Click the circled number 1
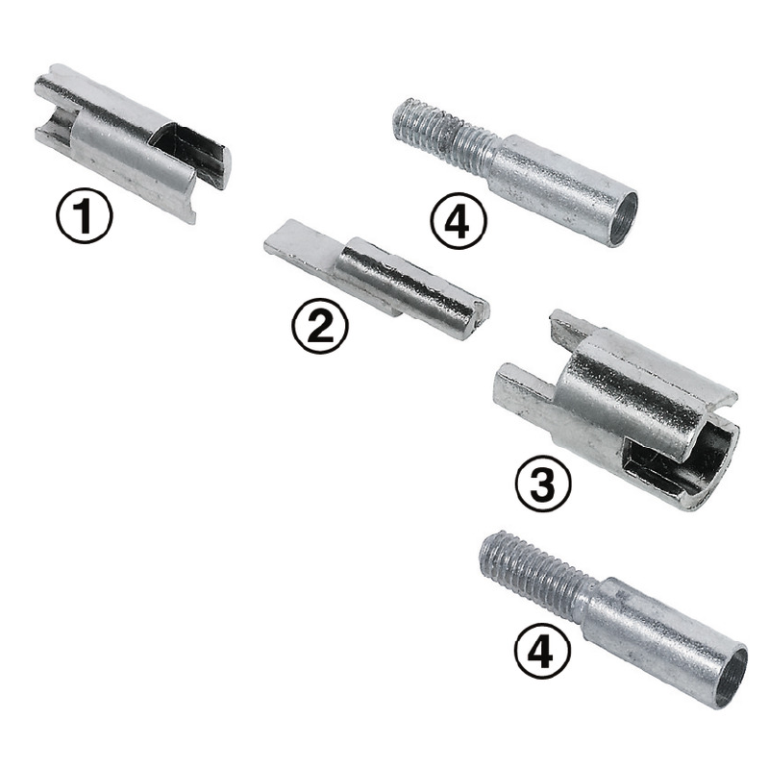(85, 214)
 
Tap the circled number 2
(320, 325)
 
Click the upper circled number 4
(459, 221)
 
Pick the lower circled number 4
(542, 651)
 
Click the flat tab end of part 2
(300, 251)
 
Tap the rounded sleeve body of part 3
(633, 392)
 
